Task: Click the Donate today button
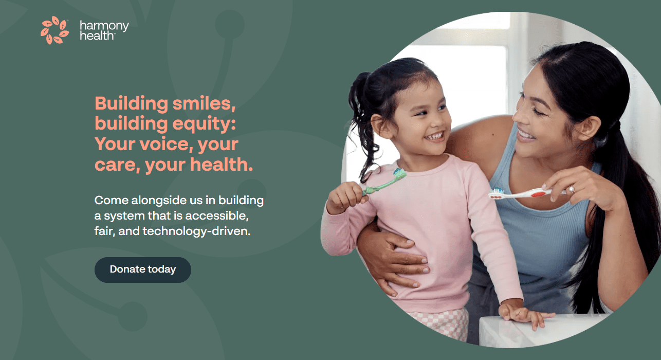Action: (x=142, y=269)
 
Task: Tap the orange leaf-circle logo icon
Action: (x=54, y=30)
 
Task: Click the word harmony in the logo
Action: (x=104, y=26)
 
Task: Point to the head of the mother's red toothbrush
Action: (x=497, y=193)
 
